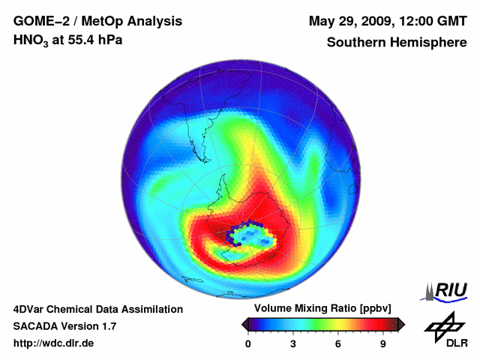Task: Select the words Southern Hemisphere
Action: point(396,42)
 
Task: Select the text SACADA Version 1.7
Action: point(64,326)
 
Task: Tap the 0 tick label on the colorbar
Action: point(248,343)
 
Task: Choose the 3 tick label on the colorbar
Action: point(293,343)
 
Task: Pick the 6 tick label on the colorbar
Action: point(338,343)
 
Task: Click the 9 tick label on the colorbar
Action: point(383,343)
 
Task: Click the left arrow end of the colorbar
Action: point(244,324)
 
